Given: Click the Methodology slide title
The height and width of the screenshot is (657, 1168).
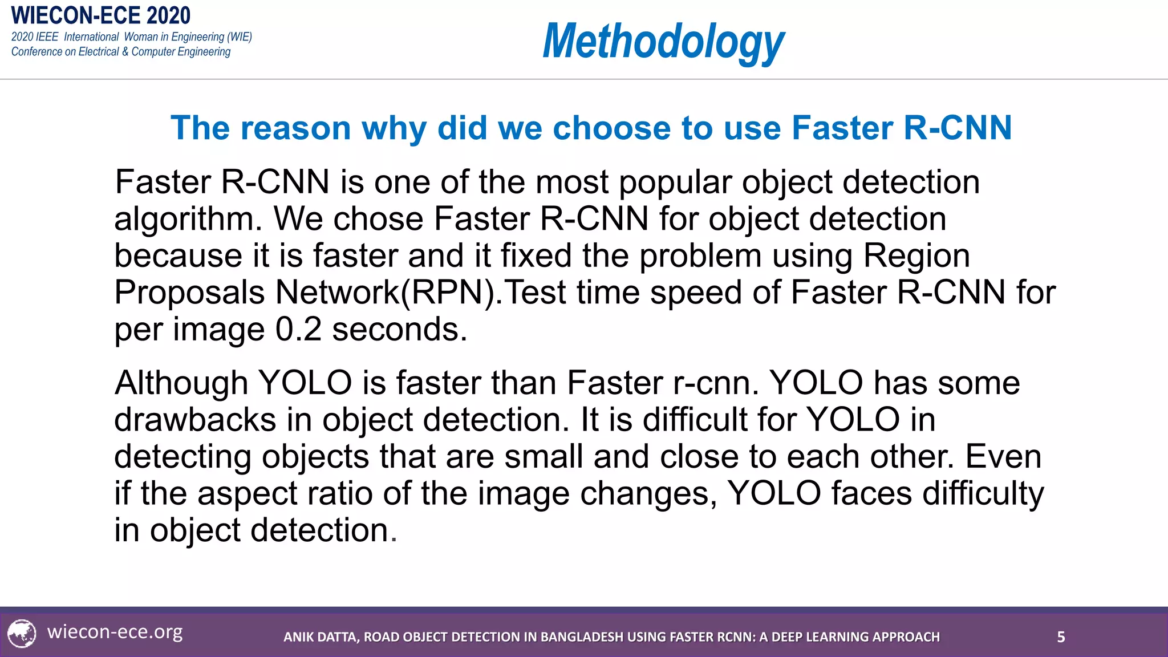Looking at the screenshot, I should coord(663,41).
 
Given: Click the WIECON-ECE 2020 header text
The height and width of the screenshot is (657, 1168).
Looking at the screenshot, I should coord(101,15).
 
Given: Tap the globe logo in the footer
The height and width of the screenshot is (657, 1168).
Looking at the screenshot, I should coord(22,634).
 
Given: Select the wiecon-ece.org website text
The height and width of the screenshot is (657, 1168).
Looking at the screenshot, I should coord(115,632).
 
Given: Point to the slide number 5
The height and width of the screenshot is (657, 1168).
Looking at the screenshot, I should coord(1061,637).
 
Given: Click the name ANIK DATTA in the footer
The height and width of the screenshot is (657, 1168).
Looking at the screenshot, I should coord(321,637).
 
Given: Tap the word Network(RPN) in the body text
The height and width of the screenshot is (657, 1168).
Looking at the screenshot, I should coord(388,293).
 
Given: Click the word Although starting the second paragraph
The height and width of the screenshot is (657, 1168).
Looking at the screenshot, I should coord(181,383).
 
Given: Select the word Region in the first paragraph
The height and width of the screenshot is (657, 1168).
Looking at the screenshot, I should coord(916,256).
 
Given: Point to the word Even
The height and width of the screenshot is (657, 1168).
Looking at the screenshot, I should coord(1003,457).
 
